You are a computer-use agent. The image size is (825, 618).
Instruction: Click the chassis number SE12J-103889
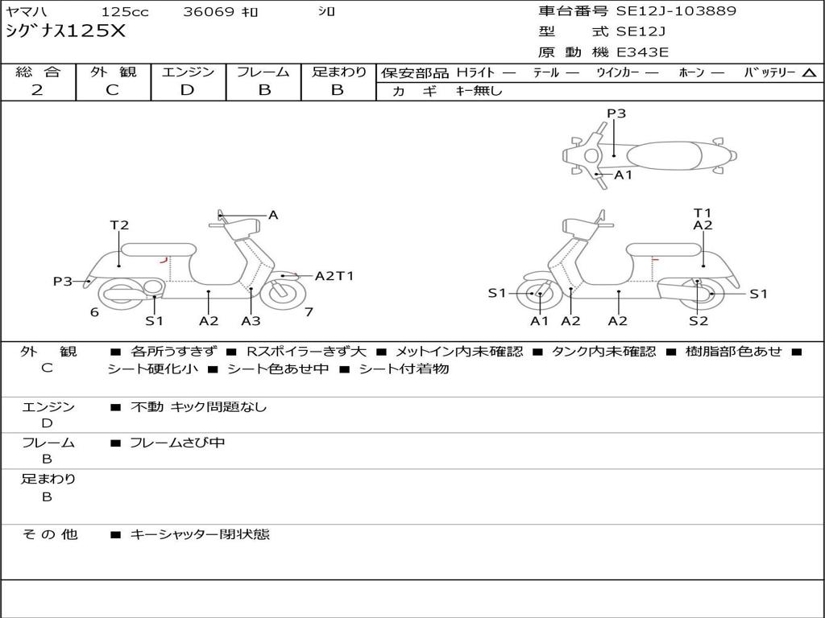(676, 11)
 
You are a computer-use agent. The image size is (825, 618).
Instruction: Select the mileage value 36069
(209, 12)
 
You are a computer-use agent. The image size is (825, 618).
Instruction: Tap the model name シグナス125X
(65, 31)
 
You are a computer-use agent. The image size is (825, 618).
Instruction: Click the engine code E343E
(643, 53)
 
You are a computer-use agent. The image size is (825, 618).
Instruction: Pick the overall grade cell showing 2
(37, 90)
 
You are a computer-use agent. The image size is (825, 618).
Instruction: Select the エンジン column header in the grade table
(188, 72)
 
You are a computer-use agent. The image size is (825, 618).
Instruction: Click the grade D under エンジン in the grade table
(187, 90)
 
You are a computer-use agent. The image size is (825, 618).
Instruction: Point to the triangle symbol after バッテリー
(809, 72)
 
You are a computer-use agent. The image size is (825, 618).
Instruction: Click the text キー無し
(479, 91)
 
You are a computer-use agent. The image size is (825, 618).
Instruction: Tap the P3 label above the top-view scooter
(616, 113)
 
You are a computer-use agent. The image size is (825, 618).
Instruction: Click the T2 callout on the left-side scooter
(119, 225)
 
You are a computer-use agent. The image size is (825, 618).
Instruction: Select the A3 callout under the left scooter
(251, 321)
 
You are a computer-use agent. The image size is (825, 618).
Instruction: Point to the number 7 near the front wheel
(309, 311)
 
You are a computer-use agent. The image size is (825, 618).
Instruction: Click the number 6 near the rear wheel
(94, 312)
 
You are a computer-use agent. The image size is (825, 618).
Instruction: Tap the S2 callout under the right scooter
(698, 321)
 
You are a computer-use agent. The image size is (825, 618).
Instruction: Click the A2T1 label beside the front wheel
(334, 276)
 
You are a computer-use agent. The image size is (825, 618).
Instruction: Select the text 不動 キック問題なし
(198, 407)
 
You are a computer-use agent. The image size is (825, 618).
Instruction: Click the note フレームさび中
(177, 443)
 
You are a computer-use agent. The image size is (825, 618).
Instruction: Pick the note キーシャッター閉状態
(200, 534)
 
